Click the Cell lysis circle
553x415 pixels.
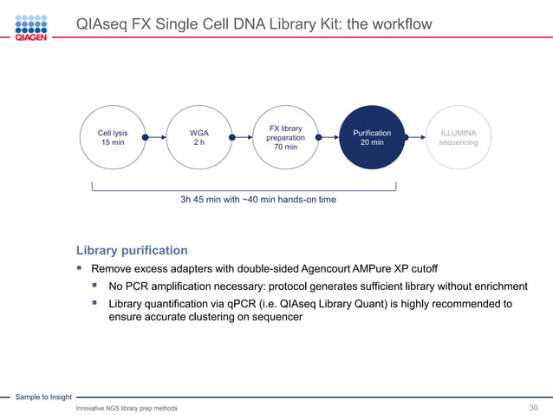click(113, 137)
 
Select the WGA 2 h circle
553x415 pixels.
click(198, 137)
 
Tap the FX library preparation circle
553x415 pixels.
click(285, 137)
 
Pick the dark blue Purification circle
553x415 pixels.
click(372, 137)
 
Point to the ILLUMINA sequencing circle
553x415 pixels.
click(458, 137)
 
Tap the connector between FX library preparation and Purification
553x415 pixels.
click(329, 136)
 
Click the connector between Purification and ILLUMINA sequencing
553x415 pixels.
click(414, 136)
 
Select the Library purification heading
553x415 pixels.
click(132, 250)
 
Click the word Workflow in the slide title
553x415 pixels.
click(400, 24)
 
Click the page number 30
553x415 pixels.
click(534, 408)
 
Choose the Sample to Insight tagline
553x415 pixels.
click(42, 397)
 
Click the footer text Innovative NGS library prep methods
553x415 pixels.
click(127, 408)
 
